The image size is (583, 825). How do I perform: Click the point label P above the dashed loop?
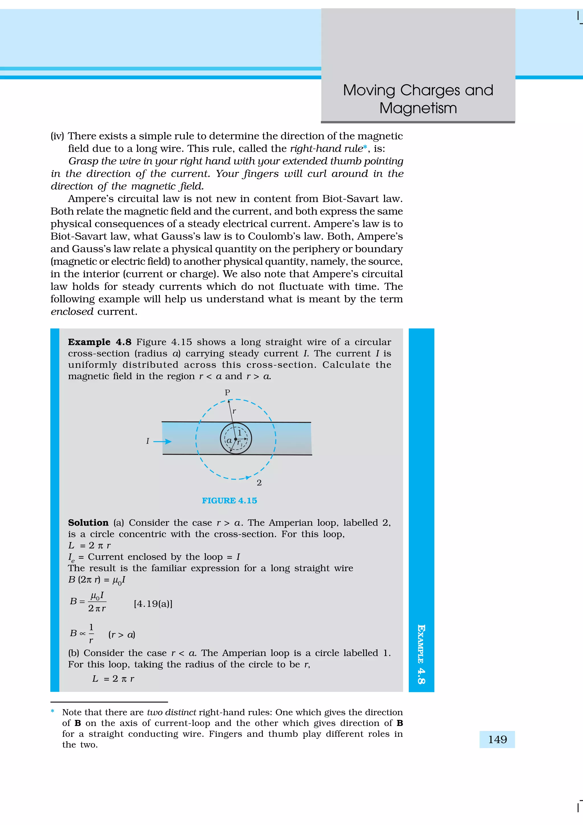coord(227,392)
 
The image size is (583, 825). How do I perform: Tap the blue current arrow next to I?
coord(163,441)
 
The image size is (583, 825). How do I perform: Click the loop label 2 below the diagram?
coord(259,483)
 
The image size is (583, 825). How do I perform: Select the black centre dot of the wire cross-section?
coord(236,439)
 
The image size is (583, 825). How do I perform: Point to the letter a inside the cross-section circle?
coord(229,440)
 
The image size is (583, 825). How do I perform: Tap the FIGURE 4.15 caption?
coord(229,500)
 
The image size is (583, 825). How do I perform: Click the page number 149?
coord(497,740)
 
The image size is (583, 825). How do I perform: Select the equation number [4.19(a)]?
coord(153,604)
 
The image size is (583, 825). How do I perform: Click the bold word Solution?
coord(88,522)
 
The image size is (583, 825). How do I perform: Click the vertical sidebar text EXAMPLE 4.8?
coord(421,654)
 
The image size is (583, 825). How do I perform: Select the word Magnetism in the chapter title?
coord(418,108)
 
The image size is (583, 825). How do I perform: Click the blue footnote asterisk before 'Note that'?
coord(53,711)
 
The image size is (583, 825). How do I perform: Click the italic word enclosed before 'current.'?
coord(72,311)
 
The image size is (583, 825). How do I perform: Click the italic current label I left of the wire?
coord(148,441)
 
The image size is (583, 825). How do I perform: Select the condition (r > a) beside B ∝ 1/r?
coord(122,635)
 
